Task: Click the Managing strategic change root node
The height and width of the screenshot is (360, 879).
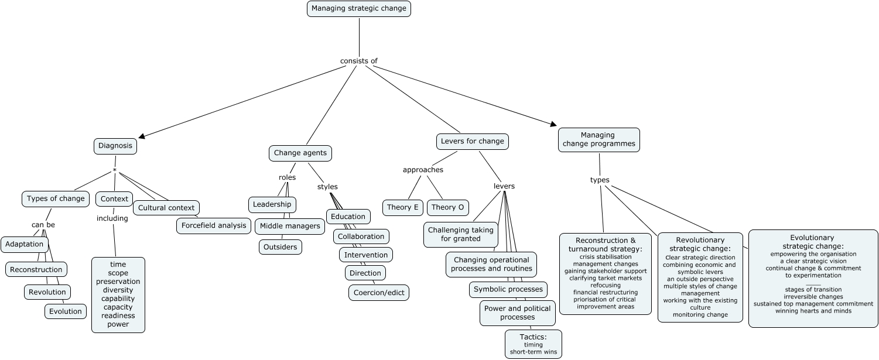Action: [x=358, y=9]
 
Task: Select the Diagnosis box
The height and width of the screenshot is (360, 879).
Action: [x=115, y=146]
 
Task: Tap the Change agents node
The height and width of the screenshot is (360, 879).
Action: [x=300, y=153]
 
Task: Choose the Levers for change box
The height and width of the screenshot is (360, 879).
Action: [x=472, y=141]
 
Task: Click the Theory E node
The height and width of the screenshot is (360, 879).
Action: [x=403, y=207]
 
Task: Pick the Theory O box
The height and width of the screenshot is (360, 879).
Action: [x=448, y=207]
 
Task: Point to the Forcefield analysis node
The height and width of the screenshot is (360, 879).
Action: [x=214, y=225]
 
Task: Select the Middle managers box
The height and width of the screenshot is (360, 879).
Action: [x=290, y=226]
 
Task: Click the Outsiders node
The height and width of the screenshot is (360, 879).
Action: [x=281, y=247]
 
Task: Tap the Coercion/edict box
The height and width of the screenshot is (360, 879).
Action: [x=379, y=293]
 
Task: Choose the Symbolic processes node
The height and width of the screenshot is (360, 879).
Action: [x=508, y=289]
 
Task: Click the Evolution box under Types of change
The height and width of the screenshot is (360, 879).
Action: [x=66, y=311]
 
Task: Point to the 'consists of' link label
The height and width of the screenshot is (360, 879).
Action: [x=358, y=61]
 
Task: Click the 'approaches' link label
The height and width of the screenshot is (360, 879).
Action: [x=423, y=170]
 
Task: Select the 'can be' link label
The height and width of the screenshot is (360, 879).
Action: [x=43, y=225]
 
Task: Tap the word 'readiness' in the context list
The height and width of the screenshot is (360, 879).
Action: [x=118, y=316]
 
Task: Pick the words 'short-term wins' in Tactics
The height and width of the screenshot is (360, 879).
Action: [x=533, y=352]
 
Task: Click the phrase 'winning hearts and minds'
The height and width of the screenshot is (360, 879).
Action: [x=813, y=311]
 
